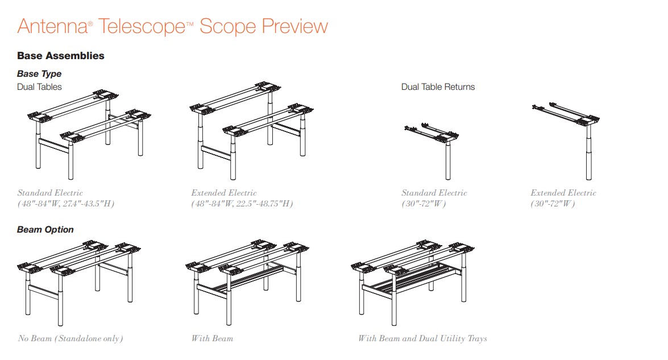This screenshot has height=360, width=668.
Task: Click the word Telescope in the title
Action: [x=142, y=26]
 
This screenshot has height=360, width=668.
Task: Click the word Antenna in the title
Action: [x=52, y=26]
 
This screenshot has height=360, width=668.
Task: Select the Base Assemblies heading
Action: [x=60, y=56]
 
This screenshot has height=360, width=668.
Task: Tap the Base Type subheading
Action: [x=39, y=74]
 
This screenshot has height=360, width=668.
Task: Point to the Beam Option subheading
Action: [x=45, y=230]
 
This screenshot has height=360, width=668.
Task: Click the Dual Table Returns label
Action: [x=438, y=87]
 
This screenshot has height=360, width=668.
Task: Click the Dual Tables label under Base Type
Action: [x=39, y=87]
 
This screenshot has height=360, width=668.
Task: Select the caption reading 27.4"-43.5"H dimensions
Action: [x=66, y=204]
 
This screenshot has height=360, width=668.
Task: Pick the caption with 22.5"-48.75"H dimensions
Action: [x=242, y=204]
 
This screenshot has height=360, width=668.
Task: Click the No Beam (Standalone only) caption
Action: [x=70, y=339]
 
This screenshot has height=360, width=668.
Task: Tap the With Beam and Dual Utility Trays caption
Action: [x=422, y=339]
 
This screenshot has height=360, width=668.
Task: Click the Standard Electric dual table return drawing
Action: [x=431, y=151]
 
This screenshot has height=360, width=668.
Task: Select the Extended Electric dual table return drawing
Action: [x=566, y=140]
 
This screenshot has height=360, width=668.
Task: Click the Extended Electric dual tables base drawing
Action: [x=251, y=130]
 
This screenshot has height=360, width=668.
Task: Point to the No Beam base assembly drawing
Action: [x=79, y=283]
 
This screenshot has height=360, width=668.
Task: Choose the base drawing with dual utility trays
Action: [x=412, y=283]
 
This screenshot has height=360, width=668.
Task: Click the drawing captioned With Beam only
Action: [x=247, y=283]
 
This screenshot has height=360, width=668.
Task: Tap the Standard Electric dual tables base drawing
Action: [x=89, y=135]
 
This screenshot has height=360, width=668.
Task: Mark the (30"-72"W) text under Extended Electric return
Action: [x=553, y=204]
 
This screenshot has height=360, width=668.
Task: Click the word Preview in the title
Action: [x=295, y=26]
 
